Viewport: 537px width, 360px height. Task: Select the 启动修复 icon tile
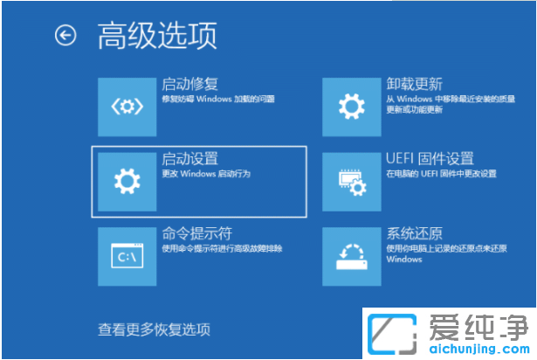pyautogui.click(x=127, y=107)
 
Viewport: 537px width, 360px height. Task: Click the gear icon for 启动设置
pyautogui.click(x=127, y=181)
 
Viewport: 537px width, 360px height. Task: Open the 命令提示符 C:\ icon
pyautogui.click(x=127, y=256)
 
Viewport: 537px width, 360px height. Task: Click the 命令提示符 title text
pyautogui.click(x=190, y=234)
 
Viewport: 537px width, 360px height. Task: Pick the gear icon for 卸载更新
pyautogui.click(x=351, y=107)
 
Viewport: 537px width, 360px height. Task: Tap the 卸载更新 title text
pyautogui.click(x=415, y=85)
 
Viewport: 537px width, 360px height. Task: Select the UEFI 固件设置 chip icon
pyautogui.click(x=351, y=181)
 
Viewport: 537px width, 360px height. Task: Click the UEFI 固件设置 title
pyautogui.click(x=430, y=159)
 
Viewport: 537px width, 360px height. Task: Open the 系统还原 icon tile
pyautogui.click(x=351, y=256)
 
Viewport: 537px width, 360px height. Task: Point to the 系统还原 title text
pyautogui.click(x=415, y=234)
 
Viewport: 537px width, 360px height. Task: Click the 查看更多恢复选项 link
pyautogui.click(x=154, y=329)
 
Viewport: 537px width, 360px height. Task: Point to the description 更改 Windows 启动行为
pyautogui.click(x=206, y=175)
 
